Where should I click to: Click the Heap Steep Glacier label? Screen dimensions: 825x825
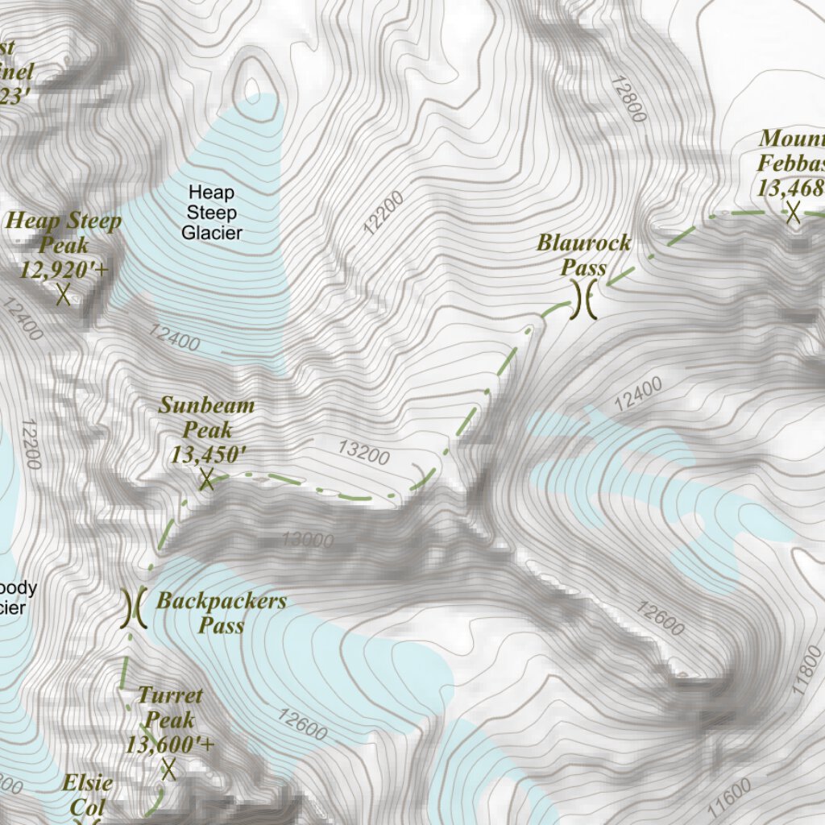(x=211, y=213)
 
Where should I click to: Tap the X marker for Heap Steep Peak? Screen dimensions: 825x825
(x=64, y=294)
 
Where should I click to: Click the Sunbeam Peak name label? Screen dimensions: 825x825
(x=206, y=417)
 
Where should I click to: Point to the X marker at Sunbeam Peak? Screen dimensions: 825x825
(x=206, y=480)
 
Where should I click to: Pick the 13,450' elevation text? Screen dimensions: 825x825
(x=207, y=454)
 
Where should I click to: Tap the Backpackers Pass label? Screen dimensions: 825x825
(x=222, y=612)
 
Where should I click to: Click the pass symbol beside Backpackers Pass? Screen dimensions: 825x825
(x=133, y=608)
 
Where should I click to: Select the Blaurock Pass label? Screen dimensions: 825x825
(x=584, y=255)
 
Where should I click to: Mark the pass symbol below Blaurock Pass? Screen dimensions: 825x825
(x=586, y=299)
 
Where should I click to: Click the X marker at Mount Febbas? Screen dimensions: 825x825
(x=794, y=213)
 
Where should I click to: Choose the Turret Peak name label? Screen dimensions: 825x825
(x=170, y=707)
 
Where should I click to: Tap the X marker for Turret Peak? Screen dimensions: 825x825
(x=168, y=769)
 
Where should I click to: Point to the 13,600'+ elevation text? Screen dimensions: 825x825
(x=169, y=744)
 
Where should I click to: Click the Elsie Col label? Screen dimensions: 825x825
(x=88, y=794)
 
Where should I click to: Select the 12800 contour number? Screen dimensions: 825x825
(x=628, y=99)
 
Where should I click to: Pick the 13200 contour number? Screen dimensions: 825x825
(x=363, y=452)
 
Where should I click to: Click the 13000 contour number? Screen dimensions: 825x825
(x=307, y=539)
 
